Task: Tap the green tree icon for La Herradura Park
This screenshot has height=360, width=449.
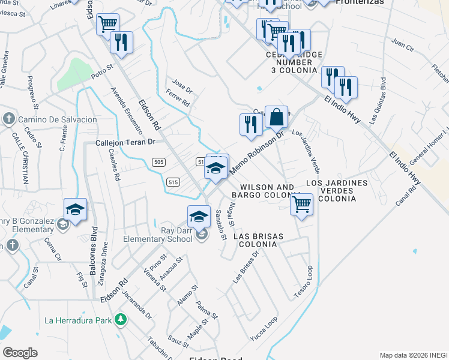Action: coord(121,320)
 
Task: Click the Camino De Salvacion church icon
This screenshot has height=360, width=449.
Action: coord(9,119)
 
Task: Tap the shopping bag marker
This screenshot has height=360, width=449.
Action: coord(276,116)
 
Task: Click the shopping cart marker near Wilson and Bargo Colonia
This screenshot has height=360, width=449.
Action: coord(301,204)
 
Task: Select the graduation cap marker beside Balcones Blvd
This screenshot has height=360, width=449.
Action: coord(76,209)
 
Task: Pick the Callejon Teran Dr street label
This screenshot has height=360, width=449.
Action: coord(126,143)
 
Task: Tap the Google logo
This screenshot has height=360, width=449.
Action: coord(20,353)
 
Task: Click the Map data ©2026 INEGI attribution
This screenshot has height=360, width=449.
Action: coord(413,355)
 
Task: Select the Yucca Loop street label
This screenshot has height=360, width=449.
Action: coord(264,330)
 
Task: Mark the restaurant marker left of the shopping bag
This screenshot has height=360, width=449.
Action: coord(249,124)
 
